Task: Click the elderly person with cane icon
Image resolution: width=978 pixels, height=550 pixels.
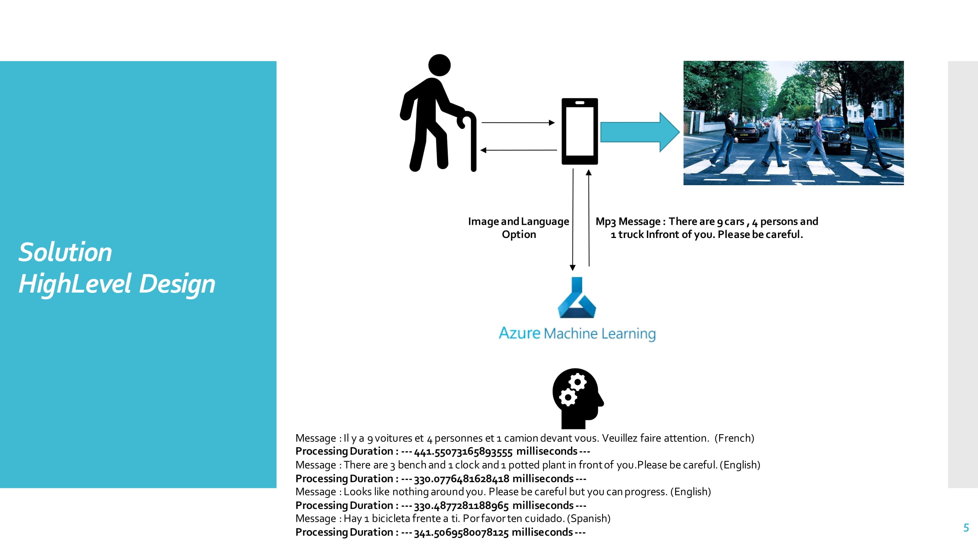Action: (x=437, y=114)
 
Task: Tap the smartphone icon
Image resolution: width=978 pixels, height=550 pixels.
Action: (x=579, y=131)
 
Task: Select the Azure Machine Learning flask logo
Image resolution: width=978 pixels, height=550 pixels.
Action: (x=577, y=298)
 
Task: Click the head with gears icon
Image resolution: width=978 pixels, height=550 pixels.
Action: (x=577, y=398)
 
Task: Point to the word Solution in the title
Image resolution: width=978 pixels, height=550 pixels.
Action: (x=65, y=252)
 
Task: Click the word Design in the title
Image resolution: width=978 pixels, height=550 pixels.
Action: (x=177, y=284)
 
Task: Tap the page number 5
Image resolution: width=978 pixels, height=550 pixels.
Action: (x=966, y=528)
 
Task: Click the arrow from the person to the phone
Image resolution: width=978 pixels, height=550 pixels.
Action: (x=518, y=122)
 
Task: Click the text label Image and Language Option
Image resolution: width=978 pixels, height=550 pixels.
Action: (x=519, y=228)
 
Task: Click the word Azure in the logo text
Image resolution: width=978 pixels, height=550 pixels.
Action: (x=519, y=333)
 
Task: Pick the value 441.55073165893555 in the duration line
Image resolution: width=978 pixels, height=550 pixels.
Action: (x=463, y=451)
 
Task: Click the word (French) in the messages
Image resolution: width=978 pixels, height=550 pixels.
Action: (x=734, y=438)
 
